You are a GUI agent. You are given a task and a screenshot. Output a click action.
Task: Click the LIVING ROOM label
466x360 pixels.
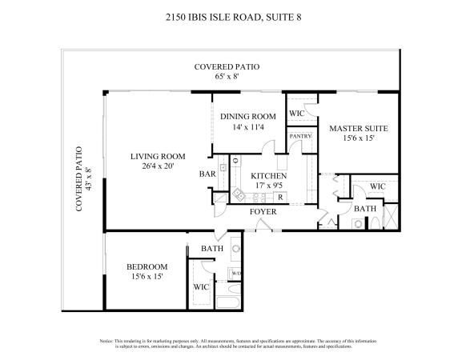click(158, 156)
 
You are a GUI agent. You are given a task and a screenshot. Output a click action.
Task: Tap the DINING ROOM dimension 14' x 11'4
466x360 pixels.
click(248, 127)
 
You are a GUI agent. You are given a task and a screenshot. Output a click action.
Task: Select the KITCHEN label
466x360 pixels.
click(269, 176)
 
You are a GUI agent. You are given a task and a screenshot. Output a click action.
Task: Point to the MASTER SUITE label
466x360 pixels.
click(359, 129)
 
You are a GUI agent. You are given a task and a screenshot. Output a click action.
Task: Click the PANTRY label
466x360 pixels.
click(300, 136)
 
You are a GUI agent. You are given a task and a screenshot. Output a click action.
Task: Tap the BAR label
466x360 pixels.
click(207, 174)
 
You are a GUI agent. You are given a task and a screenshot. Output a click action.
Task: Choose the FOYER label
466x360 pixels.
click(263, 212)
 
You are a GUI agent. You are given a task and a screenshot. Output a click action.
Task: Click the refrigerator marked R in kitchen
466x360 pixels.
click(280, 197)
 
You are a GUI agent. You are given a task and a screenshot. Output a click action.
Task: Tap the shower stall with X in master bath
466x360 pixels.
click(391, 216)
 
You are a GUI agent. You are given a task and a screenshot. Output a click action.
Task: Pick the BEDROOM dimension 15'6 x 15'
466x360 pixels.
click(147, 277)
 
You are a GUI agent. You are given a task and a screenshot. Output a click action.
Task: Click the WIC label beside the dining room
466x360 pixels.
click(296, 113)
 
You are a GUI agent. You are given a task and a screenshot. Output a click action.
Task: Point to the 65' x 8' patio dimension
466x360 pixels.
click(227, 76)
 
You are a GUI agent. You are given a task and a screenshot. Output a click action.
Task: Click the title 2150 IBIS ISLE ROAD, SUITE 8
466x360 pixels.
click(233, 18)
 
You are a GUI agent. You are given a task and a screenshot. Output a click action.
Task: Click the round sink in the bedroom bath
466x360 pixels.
click(236, 249)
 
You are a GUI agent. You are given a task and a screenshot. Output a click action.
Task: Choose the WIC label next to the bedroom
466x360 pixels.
click(201, 287)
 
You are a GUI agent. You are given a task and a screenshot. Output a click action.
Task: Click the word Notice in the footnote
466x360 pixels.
click(106, 341)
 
